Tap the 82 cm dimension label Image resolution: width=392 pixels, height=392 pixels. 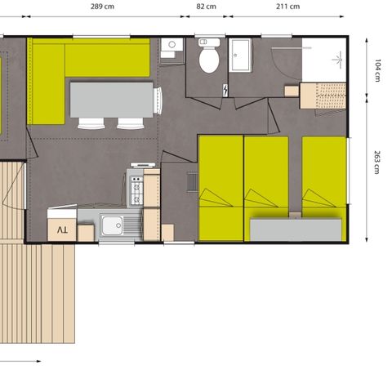[x=207, y=6]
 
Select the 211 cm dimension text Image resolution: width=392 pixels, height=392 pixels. [x=288, y=6]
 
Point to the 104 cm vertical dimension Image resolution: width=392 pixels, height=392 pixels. [x=378, y=70]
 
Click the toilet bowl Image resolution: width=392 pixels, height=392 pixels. [x=209, y=59]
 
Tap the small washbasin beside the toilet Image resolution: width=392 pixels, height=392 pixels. [x=170, y=47]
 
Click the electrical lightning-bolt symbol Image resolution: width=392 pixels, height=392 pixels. [x=225, y=91]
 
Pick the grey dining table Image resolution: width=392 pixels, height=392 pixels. [x=112, y=99]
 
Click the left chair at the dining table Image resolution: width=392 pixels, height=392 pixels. [x=90, y=123]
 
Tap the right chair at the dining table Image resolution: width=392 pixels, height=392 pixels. [x=130, y=123]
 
